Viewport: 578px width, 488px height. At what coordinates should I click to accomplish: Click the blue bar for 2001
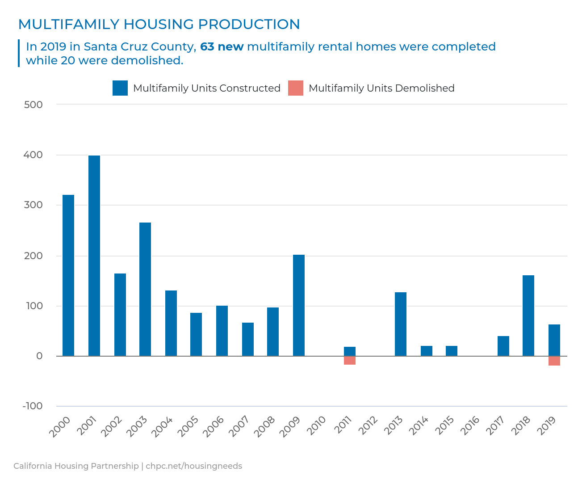94,256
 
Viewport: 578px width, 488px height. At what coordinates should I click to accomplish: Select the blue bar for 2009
299,305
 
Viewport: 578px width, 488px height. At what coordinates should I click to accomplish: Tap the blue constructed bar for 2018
528,316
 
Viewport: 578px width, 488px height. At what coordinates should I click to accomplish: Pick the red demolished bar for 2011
350,360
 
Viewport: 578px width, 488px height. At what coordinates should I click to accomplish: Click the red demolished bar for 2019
554,361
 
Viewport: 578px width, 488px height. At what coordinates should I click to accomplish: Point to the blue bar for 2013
401,324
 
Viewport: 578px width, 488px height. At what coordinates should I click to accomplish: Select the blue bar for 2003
145,289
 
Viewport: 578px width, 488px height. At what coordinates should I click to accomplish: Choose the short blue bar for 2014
427,351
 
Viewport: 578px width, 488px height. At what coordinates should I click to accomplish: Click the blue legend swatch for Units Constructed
120,88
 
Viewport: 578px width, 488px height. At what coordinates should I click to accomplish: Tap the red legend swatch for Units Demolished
296,88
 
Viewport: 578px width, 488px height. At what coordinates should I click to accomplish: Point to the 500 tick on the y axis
34,105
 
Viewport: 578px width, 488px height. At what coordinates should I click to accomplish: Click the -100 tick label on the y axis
33,406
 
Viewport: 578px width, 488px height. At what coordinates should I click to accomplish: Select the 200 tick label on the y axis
34,256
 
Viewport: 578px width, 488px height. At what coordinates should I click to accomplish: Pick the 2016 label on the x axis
470,426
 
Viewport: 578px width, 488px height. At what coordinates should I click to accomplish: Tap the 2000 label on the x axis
60,426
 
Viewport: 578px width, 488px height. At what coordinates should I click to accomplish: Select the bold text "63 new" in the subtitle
222,46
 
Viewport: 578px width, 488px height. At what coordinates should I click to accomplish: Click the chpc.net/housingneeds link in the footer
194,466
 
